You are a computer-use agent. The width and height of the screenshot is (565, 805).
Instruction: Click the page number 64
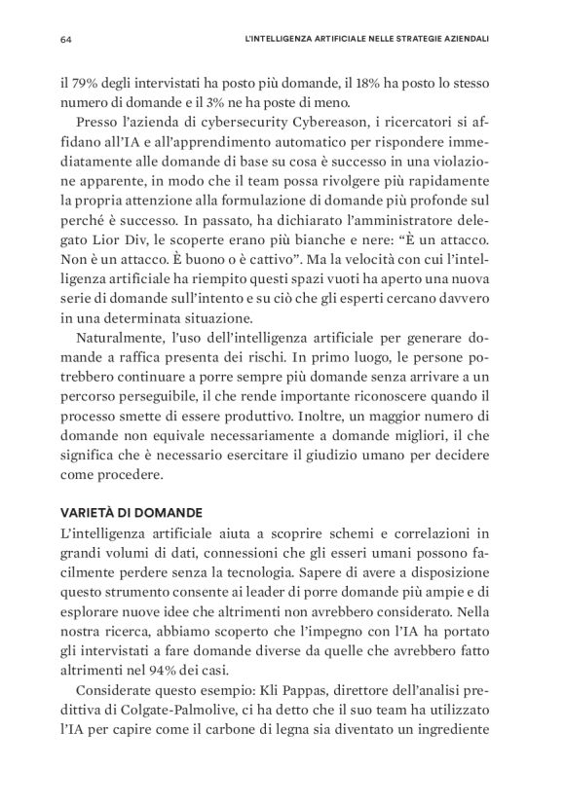66,40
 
